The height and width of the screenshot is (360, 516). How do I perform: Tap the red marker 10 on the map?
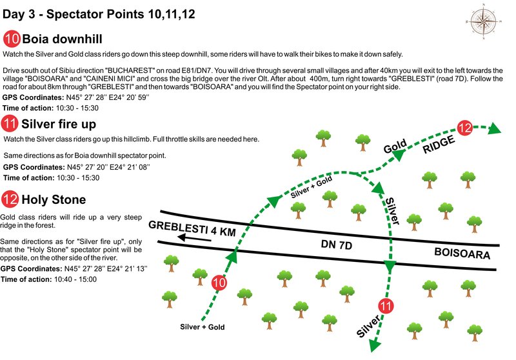(x=219, y=282)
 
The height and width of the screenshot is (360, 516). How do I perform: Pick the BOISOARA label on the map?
(x=462, y=254)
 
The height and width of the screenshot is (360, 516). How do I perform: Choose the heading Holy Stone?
(x=54, y=199)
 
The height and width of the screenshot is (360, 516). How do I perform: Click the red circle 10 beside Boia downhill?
(x=12, y=38)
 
